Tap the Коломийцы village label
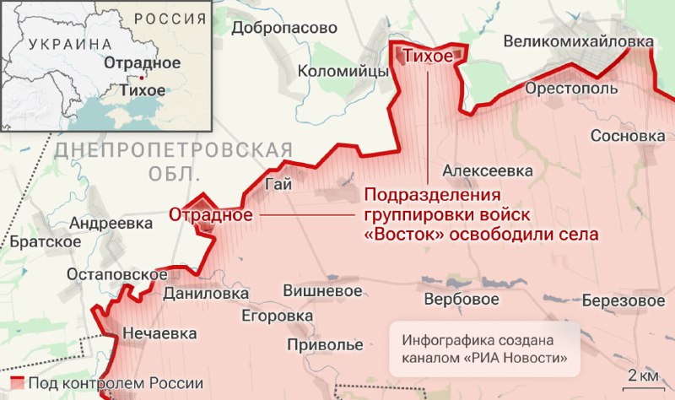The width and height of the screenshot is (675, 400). point(342,72)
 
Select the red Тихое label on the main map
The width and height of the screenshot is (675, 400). point(429,57)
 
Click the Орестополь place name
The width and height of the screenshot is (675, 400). point(563,88)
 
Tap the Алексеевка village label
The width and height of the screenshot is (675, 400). point(487,170)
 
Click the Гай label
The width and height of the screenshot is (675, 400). point(276,185)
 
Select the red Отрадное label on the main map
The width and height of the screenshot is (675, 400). point(211,214)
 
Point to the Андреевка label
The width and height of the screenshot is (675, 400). point(111,224)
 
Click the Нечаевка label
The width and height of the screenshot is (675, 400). point(159,332)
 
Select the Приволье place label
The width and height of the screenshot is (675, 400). point(325,345)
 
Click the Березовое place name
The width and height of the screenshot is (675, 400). point(624,300)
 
